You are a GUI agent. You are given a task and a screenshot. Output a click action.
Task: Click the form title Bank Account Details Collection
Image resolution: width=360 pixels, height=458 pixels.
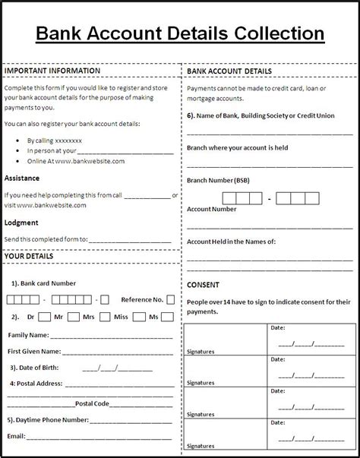[180, 33]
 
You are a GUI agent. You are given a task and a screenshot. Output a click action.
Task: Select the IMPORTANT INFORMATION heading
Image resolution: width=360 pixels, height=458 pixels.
[52, 71]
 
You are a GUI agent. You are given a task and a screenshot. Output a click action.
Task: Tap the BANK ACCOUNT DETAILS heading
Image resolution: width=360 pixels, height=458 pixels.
[229, 71]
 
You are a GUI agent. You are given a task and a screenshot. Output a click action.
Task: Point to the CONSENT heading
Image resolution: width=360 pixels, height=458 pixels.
[203, 285]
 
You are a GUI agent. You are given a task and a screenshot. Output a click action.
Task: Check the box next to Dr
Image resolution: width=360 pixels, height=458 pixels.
[44, 317]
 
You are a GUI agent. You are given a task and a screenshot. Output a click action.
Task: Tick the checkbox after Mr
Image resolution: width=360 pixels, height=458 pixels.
[72, 317]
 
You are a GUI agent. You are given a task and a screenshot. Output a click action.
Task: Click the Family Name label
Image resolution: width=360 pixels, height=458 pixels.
[28, 335]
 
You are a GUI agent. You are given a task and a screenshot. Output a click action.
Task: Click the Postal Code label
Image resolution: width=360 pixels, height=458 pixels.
[92, 403]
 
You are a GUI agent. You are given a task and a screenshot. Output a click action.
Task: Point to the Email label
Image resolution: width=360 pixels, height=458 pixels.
[16, 437]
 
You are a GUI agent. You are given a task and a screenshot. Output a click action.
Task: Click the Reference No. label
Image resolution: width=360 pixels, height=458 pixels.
[141, 300]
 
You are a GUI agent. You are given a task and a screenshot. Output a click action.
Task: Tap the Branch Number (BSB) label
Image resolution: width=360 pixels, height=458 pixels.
[219, 180]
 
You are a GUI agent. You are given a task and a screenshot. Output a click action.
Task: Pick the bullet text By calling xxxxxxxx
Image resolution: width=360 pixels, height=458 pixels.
[54, 140]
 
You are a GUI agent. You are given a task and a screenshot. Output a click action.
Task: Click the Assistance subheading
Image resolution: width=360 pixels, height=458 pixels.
[22, 178]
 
